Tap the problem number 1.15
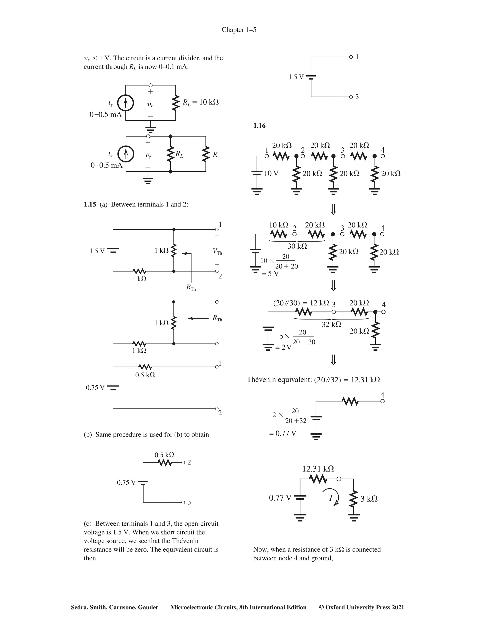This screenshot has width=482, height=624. tap(90, 204)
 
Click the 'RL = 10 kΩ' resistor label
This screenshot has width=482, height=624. tap(201, 102)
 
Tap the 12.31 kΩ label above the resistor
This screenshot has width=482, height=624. tap(318, 469)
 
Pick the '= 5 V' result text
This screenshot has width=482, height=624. tap(270, 273)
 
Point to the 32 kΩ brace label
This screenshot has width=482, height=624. tap(331, 324)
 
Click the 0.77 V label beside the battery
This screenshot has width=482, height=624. tap(280, 498)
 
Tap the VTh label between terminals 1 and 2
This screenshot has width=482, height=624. tap(217, 251)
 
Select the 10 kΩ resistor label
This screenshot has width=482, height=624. tap(278, 225)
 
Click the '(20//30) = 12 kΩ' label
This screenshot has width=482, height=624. tap(301, 303)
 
